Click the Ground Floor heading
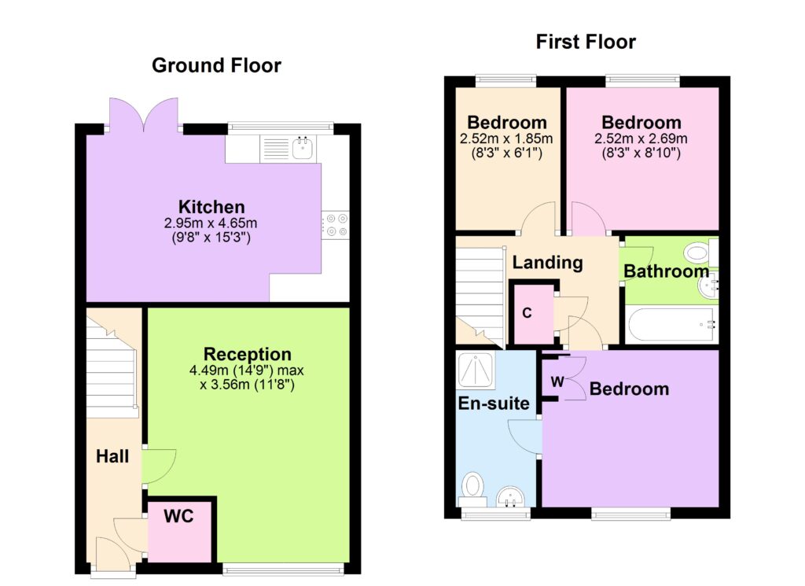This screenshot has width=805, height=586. click(x=216, y=65)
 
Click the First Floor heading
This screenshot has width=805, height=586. click(x=586, y=42)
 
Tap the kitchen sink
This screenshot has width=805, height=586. click(x=303, y=147)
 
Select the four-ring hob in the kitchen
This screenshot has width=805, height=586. click(x=336, y=225)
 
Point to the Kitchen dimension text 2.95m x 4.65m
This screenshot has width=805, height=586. click(x=211, y=223)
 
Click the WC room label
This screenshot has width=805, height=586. click(x=178, y=516)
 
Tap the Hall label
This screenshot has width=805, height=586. click(x=112, y=456)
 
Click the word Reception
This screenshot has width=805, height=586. click(x=248, y=354)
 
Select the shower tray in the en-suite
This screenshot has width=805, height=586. click(x=476, y=369)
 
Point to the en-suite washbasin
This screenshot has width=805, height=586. click(x=510, y=496)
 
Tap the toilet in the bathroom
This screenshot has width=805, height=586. click(x=700, y=252)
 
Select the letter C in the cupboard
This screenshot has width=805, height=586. click(x=527, y=313)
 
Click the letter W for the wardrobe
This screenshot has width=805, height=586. click(x=557, y=381)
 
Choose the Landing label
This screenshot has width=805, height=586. click(x=548, y=263)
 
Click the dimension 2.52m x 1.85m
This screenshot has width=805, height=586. click(x=506, y=138)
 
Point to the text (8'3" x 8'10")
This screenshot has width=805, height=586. click(x=641, y=153)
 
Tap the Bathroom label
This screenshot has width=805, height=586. click(x=667, y=271)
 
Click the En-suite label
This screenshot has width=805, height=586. click(x=494, y=404)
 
